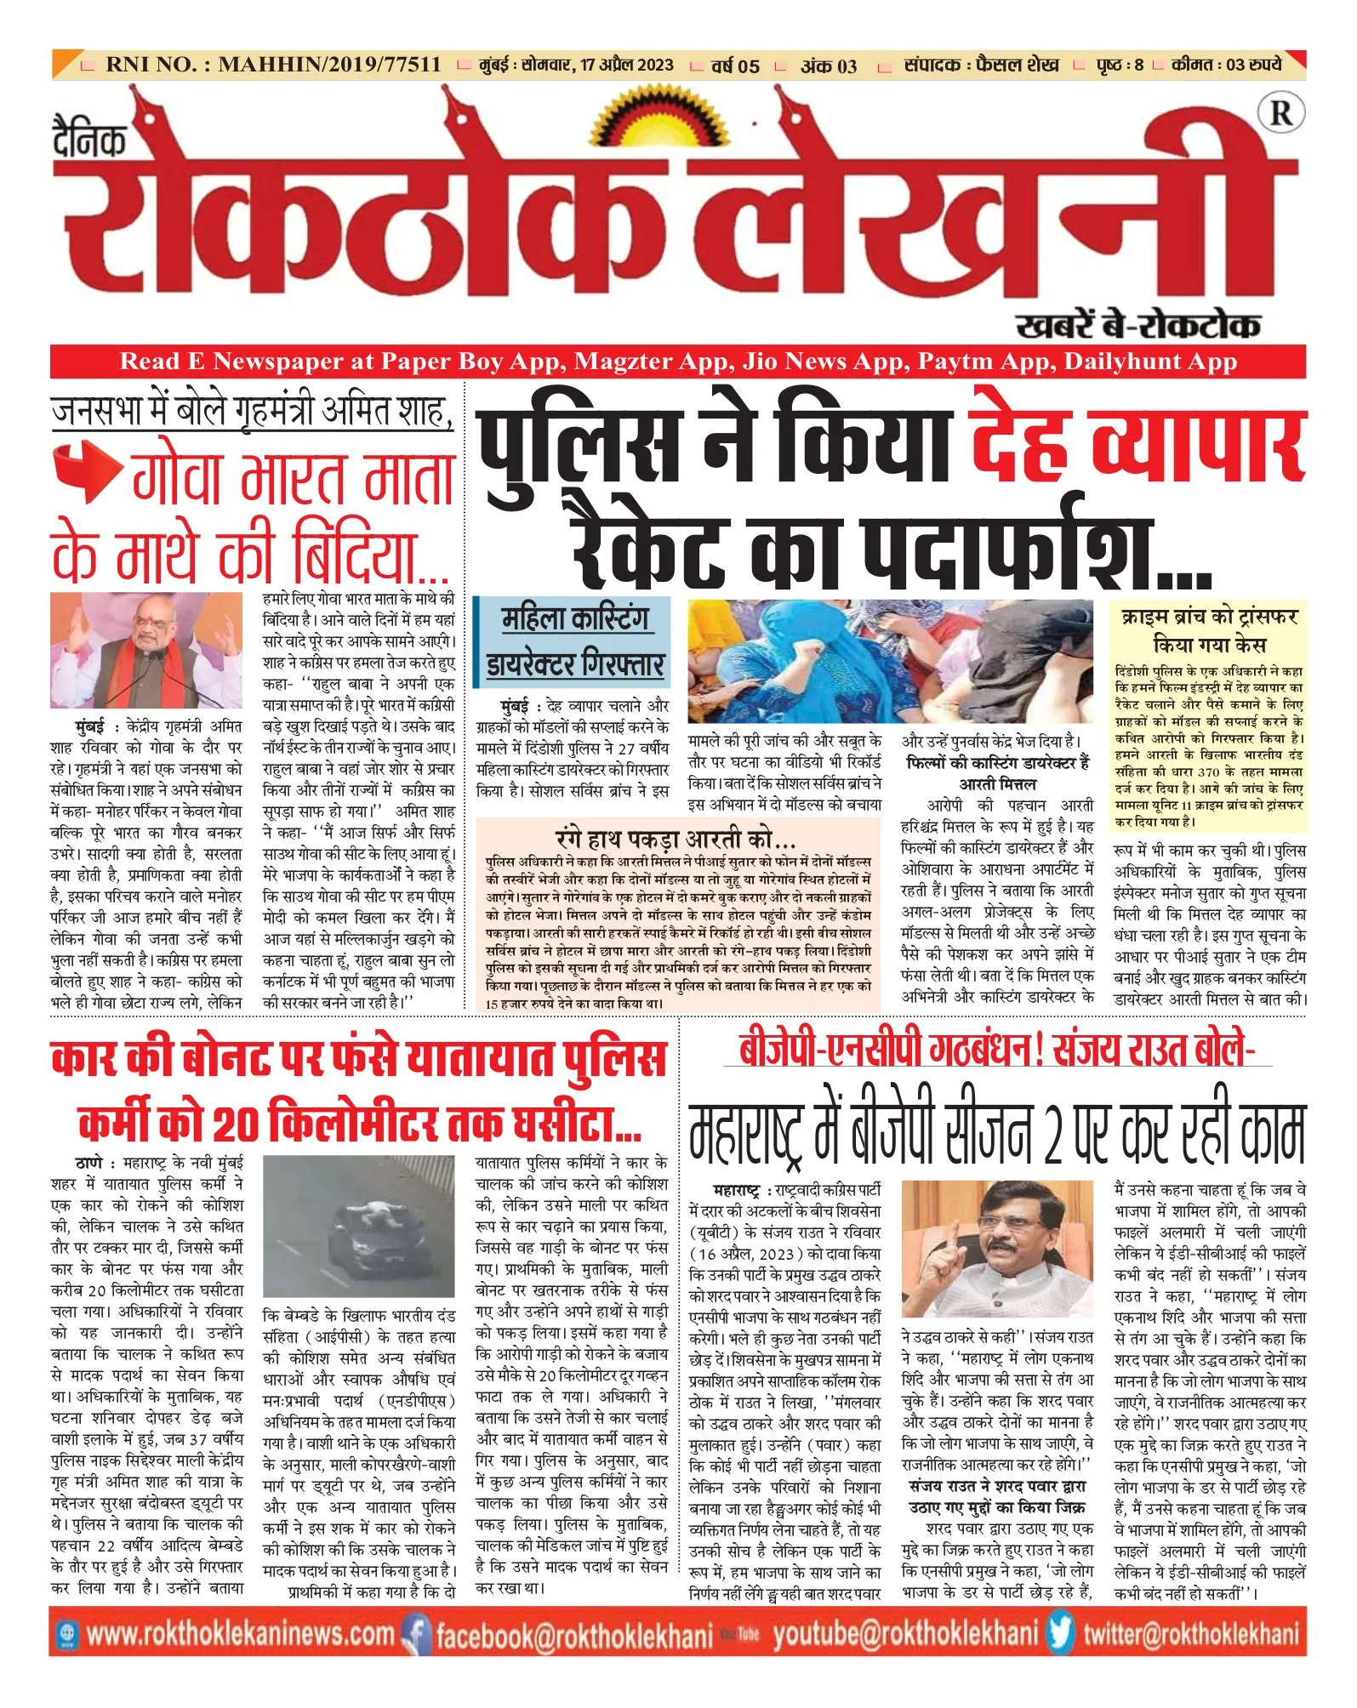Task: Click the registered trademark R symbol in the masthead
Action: pyautogui.click(x=1279, y=113)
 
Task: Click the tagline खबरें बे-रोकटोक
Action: pyautogui.click(x=1137, y=325)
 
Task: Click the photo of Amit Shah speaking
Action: pyautogui.click(x=146, y=652)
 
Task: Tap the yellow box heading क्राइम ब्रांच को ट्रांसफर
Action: pyautogui.click(x=1209, y=630)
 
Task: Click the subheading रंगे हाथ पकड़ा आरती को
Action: pyautogui.click(x=675, y=840)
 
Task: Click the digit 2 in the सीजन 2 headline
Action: pyautogui.click(x=1052, y=1134)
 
